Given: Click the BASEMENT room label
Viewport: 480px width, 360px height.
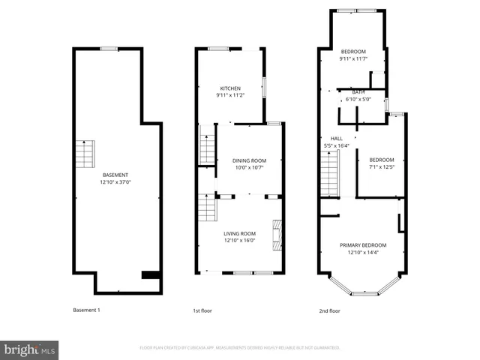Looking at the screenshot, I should [x=115, y=175].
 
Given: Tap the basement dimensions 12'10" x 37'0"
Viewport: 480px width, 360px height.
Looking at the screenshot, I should [x=115, y=182].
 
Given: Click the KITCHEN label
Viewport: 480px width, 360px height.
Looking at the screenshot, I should [x=229, y=88].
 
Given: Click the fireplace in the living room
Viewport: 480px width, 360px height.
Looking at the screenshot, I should [x=277, y=233].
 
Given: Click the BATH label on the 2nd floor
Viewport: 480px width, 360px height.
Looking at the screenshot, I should [x=359, y=91].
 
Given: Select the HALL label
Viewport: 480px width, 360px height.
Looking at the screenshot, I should [x=337, y=138].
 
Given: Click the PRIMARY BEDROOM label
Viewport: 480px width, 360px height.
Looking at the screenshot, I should [x=363, y=245].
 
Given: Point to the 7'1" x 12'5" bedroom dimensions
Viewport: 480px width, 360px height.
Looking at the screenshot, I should [x=381, y=166].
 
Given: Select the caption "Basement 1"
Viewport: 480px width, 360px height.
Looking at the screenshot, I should [x=86, y=310].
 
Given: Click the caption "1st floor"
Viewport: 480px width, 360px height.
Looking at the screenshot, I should [x=203, y=310].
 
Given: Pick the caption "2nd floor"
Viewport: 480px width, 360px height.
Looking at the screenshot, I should [x=329, y=310].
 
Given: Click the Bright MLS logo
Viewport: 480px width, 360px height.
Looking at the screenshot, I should [x=30, y=349].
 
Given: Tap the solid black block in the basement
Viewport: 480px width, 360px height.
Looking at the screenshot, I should [x=151, y=274].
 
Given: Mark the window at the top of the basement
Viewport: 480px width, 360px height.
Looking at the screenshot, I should [x=109, y=49].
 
